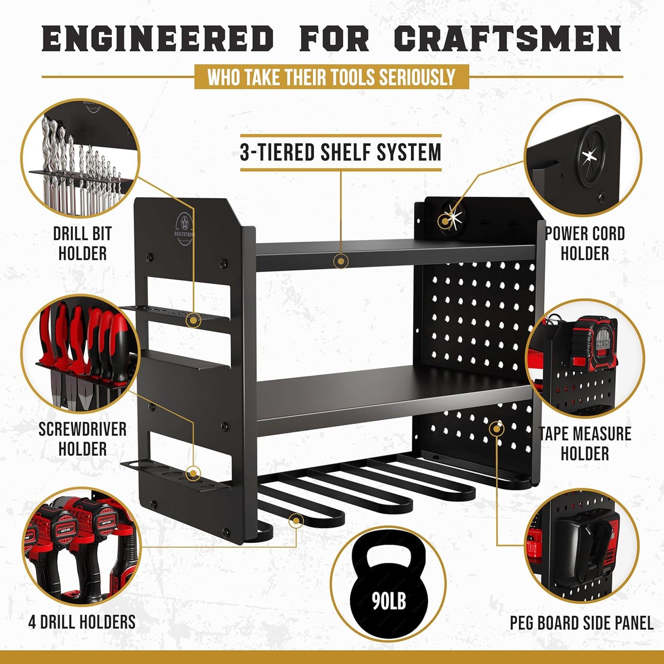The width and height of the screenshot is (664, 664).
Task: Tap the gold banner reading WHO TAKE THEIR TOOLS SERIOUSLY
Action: click(331, 77)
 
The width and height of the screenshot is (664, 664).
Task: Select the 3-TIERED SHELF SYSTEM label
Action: click(341, 153)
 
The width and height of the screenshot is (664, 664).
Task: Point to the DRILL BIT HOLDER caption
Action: click(82, 244)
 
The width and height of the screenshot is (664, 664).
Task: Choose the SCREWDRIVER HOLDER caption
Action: click(82, 439)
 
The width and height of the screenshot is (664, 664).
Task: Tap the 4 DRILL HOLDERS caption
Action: click(82, 622)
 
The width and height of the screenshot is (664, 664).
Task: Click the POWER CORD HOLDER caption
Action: click(585, 244)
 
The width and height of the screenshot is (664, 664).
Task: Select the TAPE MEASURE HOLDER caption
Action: click(585, 443)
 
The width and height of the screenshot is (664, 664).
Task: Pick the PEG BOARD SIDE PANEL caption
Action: click(582, 623)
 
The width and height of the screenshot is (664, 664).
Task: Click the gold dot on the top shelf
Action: click(341, 261)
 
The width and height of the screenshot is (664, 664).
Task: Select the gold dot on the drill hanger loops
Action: click(296, 521)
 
